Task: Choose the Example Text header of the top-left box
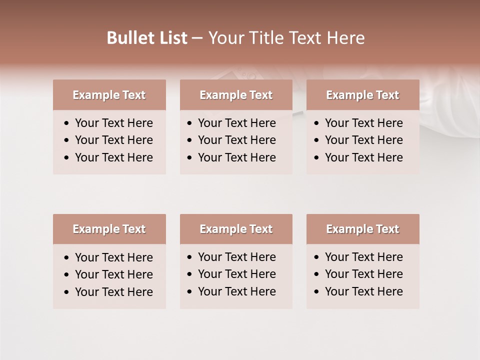tap(109, 95)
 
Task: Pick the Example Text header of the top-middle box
tap(236, 95)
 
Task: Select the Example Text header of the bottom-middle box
tap(236, 229)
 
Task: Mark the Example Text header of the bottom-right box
tap(362, 229)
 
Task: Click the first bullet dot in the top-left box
tap(67, 123)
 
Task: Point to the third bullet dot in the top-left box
tap(67, 158)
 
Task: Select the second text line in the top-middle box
tap(236, 140)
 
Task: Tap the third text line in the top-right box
tap(363, 157)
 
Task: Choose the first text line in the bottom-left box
tap(113, 257)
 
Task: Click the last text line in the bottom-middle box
tap(236, 291)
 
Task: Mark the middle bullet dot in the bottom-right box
tap(317, 274)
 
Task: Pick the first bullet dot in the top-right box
tap(317, 123)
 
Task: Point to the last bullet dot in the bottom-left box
tap(67, 292)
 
